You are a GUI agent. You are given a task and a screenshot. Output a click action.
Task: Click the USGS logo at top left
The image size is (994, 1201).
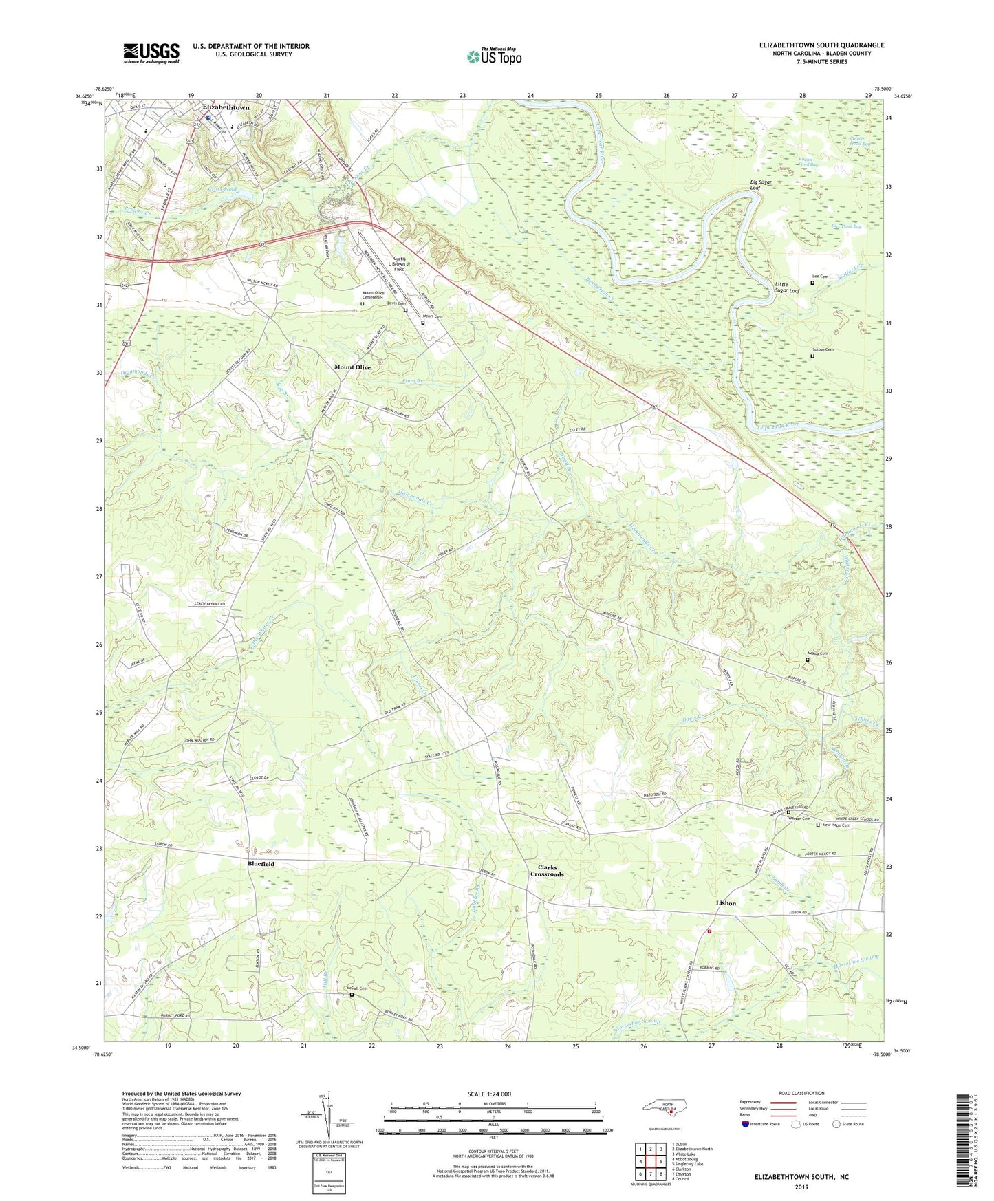pos(151,53)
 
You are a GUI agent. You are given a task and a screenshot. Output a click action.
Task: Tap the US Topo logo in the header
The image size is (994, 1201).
pos(494,56)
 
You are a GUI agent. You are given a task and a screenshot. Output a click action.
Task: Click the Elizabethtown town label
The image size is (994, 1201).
pos(226,108)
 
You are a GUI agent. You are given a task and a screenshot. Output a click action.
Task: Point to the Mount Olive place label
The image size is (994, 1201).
pos(352,367)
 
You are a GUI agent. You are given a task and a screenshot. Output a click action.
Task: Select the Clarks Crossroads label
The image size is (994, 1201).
pos(547,871)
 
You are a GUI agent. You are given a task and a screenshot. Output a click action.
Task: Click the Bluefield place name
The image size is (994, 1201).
pos(261,863)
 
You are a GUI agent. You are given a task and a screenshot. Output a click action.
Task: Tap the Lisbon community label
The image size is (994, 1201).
pos(726,903)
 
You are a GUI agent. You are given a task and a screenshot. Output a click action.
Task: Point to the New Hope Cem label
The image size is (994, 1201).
pos(836,825)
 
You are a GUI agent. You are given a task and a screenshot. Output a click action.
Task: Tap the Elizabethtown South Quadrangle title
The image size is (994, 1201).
pos(821,45)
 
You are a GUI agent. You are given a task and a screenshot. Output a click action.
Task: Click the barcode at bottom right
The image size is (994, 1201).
pos(963,1141)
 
